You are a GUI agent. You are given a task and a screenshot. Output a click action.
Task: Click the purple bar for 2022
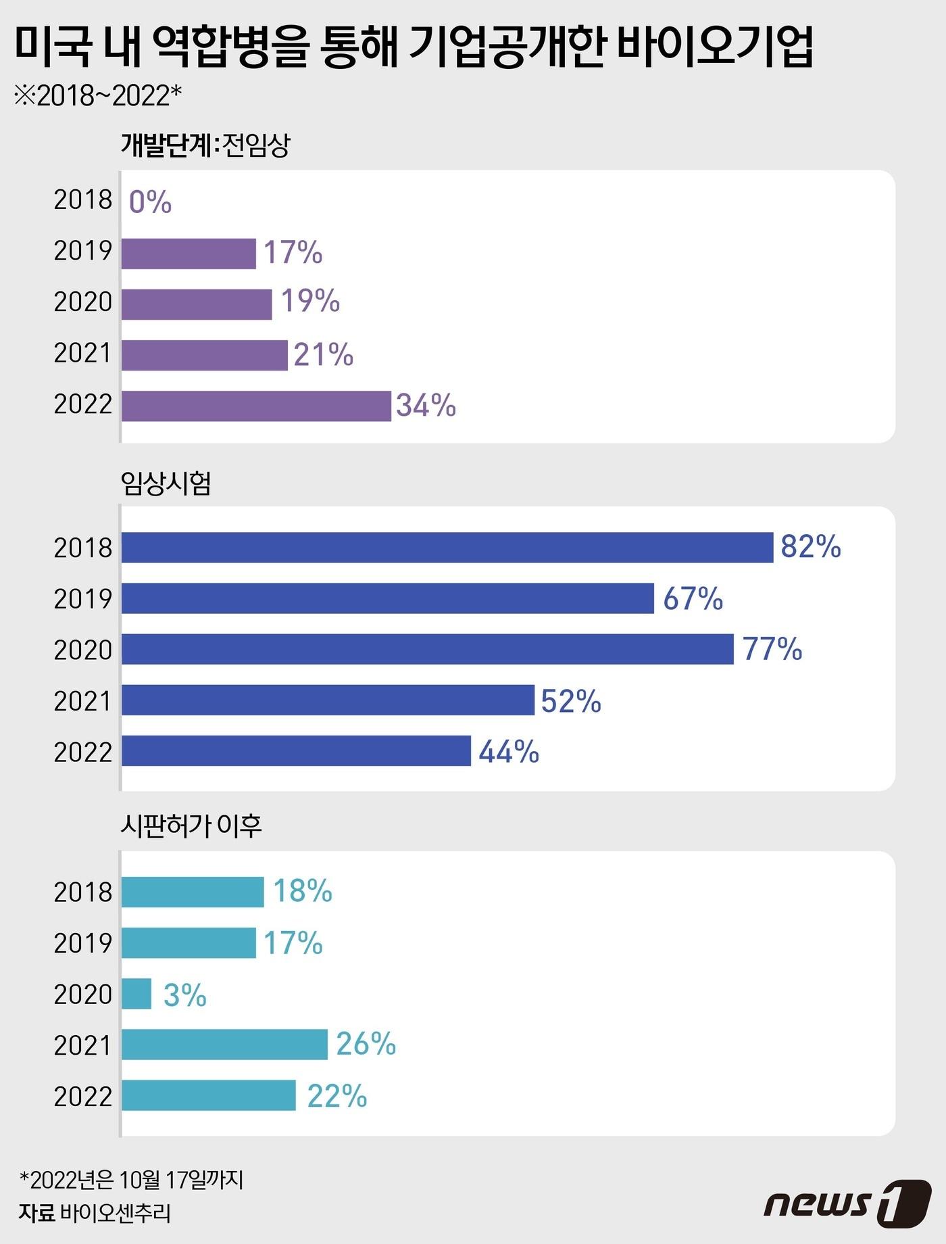click(256, 406)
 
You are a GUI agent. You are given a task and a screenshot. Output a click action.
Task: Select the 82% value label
click(810, 546)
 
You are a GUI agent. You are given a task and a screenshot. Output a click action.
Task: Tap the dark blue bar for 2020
click(427, 649)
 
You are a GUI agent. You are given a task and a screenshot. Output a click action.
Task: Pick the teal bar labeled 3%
click(136, 994)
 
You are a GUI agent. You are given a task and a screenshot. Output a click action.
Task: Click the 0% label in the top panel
click(150, 202)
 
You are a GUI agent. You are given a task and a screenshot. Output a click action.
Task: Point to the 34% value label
click(426, 405)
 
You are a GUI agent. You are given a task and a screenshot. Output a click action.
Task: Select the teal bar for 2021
click(224, 1045)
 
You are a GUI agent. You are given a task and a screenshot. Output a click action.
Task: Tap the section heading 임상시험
click(166, 483)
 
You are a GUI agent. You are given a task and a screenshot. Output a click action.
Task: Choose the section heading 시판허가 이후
click(191, 826)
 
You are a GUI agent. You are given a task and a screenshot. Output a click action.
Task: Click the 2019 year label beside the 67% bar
click(82, 598)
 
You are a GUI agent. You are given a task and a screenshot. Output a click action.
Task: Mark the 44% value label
click(508, 751)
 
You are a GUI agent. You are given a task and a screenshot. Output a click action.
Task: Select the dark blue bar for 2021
click(328, 700)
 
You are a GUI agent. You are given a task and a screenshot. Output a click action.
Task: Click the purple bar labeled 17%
click(189, 254)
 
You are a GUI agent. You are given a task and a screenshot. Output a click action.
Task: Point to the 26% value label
click(366, 1044)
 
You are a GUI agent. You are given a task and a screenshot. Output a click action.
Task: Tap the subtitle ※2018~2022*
click(98, 96)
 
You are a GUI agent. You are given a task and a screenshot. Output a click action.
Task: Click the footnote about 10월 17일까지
click(131, 1180)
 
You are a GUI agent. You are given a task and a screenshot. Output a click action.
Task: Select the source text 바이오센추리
click(115, 1213)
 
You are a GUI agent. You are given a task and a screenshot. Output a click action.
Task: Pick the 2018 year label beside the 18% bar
click(82, 892)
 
